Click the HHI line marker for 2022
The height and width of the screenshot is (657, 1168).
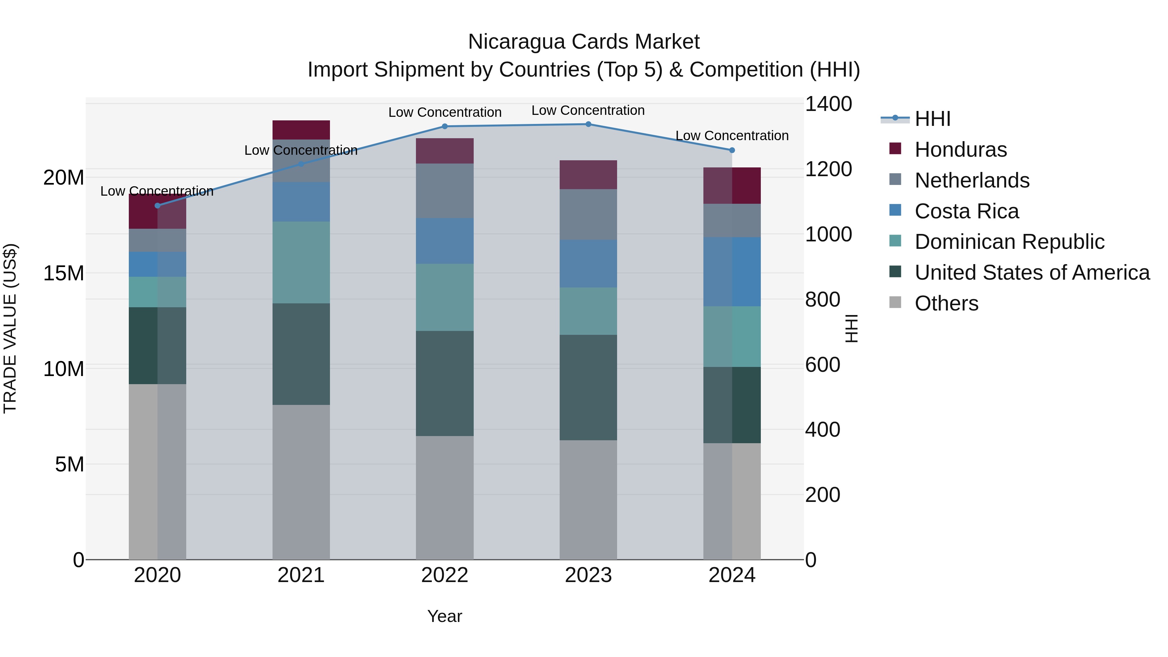coord(444,127)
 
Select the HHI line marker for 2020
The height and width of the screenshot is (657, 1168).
coord(157,206)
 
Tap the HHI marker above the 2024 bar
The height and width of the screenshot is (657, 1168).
coord(732,150)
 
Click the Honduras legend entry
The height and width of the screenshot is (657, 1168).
coord(960,150)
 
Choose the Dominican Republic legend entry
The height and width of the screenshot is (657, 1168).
coord(1009,242)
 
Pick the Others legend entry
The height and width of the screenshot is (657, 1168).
coord(946,303)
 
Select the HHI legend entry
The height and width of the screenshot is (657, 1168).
coord(932,119)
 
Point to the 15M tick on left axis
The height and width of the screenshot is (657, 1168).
coord(64,274)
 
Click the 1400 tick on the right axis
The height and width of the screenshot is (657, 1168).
coord(828,104)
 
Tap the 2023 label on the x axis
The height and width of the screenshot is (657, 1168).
coord(588,575)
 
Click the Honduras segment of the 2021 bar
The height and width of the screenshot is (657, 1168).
coord(301,130)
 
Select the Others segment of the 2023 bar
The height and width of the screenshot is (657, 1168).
coord(588,499)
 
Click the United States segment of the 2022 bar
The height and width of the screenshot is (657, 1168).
coord(444,383)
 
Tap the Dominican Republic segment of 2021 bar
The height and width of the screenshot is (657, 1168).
coord(301,262)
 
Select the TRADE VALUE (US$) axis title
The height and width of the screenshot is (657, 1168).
coord(10,328)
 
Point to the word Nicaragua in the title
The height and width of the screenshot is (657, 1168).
coord(516,42)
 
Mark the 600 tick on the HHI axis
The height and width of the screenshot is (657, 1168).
coord(822,365)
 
